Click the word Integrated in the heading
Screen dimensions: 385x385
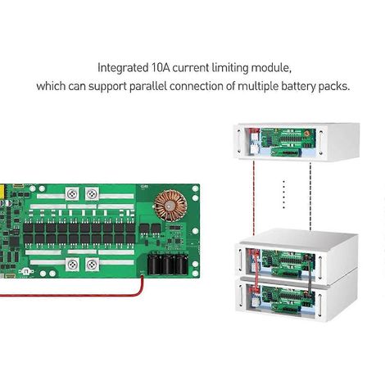pos(123,68)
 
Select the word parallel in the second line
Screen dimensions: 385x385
pos(147,87)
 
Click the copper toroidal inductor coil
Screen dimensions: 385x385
pos(170,206)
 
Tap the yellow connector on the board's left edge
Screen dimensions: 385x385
pos(2,191)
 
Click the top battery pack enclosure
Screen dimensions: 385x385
pos(297,141)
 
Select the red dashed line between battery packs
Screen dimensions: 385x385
pos(254,197)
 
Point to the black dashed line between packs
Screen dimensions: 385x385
pos(310,197)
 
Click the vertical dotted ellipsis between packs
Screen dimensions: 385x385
pos(284,194)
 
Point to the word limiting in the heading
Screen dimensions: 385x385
pos(230,68)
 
